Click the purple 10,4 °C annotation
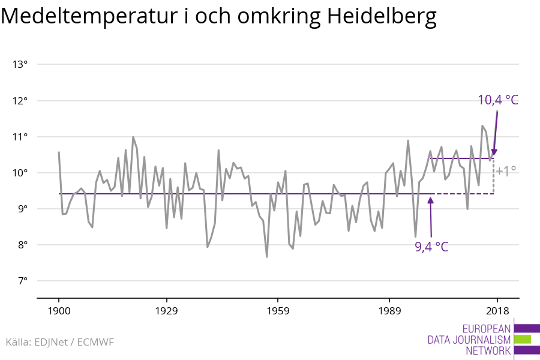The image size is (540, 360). [497, 100]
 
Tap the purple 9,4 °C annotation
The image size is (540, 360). [431, 247]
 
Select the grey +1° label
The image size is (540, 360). [506, 171]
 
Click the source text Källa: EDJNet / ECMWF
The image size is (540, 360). [59, 342]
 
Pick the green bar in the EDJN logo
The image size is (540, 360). [523, 340]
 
